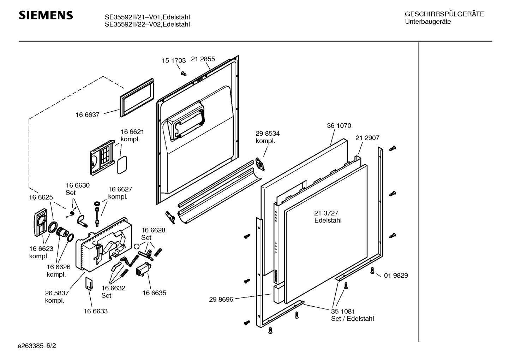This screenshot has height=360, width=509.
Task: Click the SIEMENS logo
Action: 46,15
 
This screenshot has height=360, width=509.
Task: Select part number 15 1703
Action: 174,60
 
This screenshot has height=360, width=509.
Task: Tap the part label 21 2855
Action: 203,59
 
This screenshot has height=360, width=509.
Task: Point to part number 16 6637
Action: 88,114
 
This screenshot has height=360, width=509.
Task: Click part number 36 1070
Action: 339,126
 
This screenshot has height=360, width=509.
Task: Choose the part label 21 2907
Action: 367,138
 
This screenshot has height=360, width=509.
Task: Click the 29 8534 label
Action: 268,134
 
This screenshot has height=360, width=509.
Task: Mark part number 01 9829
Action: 396,275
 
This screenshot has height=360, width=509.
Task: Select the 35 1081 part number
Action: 343,311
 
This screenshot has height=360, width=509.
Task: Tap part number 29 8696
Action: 221,299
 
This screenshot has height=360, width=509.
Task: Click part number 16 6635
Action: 154,293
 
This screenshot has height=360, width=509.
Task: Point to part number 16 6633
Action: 96,311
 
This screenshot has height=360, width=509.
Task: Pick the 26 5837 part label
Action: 57,293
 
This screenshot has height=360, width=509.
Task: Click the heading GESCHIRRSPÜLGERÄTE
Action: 444,14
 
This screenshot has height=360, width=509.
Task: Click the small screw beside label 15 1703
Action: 183,73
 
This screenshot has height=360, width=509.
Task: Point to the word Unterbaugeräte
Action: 428,22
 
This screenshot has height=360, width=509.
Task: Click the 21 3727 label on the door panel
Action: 326,213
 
